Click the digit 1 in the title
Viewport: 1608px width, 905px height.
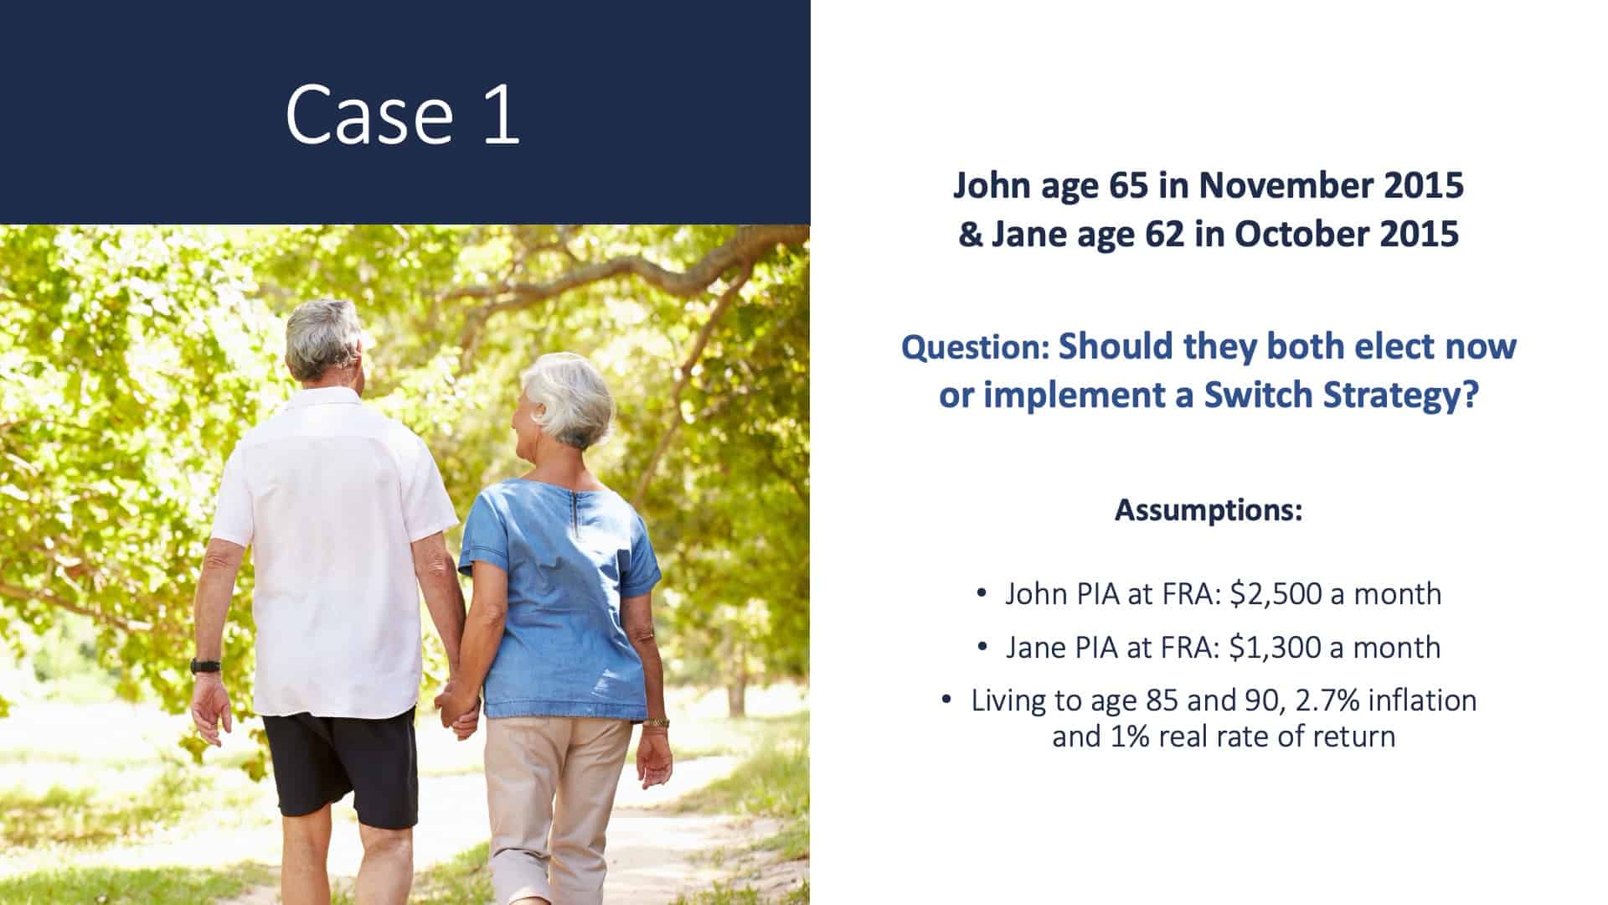501,114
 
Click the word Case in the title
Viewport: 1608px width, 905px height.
369,114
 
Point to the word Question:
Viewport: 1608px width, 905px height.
975,347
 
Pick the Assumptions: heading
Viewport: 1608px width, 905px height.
1209,509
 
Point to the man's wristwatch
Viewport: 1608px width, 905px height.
205,666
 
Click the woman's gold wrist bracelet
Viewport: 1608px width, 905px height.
657,721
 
